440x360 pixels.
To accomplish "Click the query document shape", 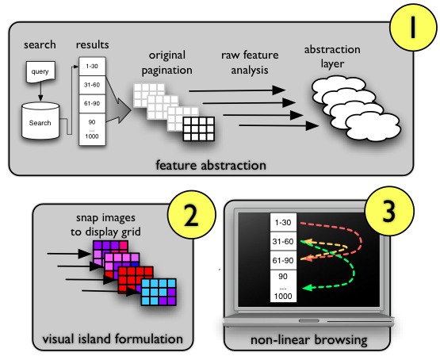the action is (x=40, y=72).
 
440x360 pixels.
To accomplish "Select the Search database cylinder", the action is (x=40, y=121).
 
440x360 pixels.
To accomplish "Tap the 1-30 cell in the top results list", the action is (x=92, y=67).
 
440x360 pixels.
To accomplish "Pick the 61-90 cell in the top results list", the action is (x=92, y=104).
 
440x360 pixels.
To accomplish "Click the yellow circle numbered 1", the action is (x=413, y=28).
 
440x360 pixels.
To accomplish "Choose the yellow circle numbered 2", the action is (x=192, y=215).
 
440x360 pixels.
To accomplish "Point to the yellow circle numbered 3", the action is (x=389, y=211).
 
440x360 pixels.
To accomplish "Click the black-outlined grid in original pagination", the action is (x=199, y=128).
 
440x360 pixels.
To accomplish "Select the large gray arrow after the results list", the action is (x=119, y=110).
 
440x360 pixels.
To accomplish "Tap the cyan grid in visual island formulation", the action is (x=159, y=292).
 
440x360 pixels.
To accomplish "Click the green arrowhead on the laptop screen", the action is (x=308, y=288).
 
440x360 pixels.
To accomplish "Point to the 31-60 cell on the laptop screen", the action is (x=283, y=241).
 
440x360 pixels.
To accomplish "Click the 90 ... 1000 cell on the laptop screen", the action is (x=283, y=286).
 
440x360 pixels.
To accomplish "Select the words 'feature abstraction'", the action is (x=211, y=165).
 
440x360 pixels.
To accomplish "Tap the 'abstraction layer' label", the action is (x=332, y=56).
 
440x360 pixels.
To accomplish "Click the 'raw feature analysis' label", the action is (x=250, y=63).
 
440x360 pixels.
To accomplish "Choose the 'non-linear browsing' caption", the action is (x=309, y=340).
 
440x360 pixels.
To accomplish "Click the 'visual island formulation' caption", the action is (x=113, y=339).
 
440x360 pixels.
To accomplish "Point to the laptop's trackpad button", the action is (x=309, y=320).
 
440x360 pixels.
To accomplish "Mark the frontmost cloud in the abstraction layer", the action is (x=373, y=126).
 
